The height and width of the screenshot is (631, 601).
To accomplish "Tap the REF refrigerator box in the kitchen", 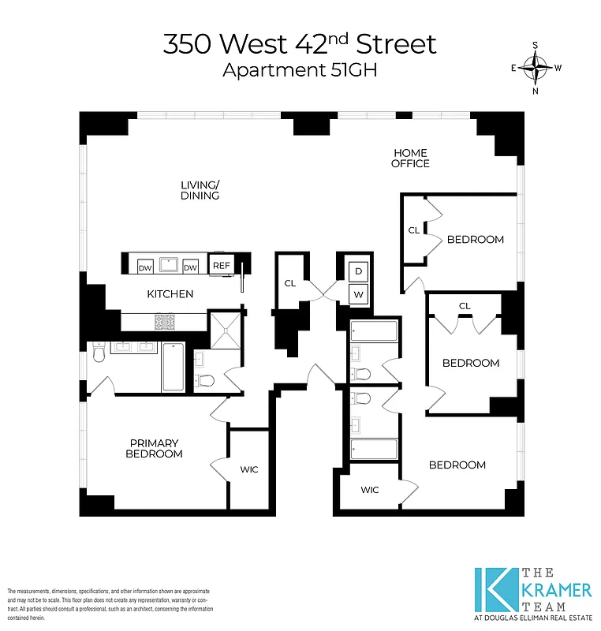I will click(221, 267).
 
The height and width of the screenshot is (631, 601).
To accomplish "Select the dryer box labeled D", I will click(358, 271).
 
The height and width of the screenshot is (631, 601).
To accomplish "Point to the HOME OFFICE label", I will click(411, 158).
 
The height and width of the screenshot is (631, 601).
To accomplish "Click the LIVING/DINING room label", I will click(200, 190).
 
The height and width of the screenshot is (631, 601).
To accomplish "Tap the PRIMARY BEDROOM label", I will click(155, 448).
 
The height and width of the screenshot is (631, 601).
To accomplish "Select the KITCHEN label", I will click(170, 294).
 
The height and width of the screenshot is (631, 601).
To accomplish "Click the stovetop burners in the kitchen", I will click(166, 322).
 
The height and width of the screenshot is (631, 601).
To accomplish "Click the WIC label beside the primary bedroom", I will click(248, 469).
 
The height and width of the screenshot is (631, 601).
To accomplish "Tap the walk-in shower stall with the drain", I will click(227, 330).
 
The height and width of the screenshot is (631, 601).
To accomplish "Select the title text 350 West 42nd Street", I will click(299, 44).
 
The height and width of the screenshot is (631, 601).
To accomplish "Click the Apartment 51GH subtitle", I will click(300, 70).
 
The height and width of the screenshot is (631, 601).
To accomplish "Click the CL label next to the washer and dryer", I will click(289, 283).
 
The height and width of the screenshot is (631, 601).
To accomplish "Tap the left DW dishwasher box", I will click(144, 267).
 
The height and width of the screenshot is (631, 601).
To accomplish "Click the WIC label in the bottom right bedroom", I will click(370, 490).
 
